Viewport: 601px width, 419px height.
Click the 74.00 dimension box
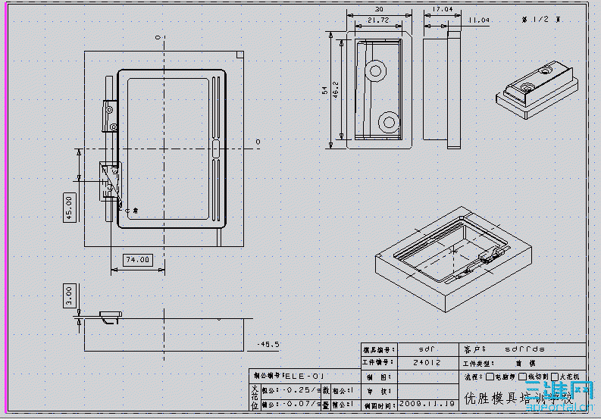tap(136, 259)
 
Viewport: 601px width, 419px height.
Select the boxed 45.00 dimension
tap(69, 205)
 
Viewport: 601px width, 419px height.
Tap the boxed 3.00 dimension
tap(69, 295)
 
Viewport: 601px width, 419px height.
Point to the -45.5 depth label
tap(268, 344)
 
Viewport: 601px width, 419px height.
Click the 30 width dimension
tap(378, 10)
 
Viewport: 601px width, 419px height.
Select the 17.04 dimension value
tap(442, 10)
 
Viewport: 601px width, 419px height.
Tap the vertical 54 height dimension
tap(325, 90)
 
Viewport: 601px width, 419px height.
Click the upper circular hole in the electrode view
tap(376, 72)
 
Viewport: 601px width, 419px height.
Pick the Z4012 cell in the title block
tap(427, 363)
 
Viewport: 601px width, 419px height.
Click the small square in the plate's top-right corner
tap(239, 55)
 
